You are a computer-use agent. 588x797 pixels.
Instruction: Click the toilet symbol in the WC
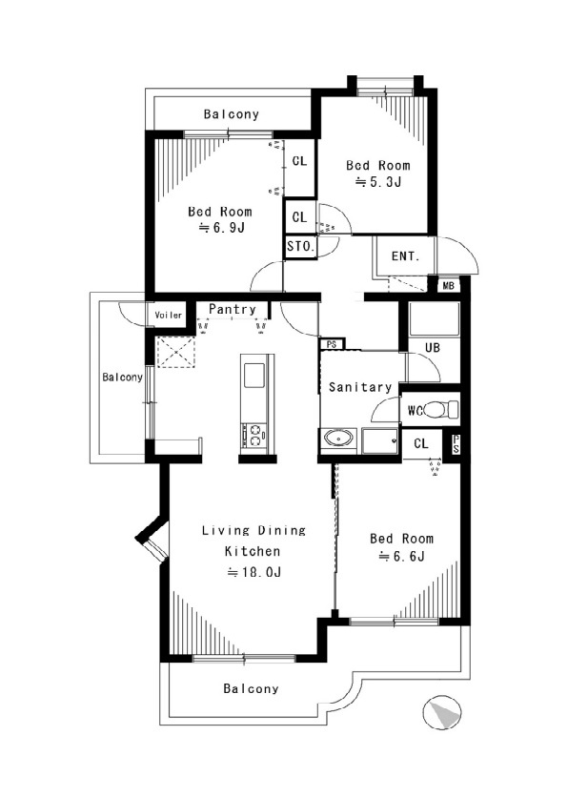[x=440, y=409]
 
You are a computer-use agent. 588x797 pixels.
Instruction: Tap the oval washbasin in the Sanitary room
[x=337, y=438]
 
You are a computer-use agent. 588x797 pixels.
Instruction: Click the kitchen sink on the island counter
[x=254, y=375]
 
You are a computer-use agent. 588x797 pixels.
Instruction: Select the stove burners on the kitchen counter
[x=253, y=435]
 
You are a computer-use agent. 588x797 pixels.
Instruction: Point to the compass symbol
[x=441, y=712]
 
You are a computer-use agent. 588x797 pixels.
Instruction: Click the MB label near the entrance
[x=448, y=286]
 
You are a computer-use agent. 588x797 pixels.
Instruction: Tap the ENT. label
[x=405, y=256]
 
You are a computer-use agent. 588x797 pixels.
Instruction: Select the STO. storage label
[x=300, y=247]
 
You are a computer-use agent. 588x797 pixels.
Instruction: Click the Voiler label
[x=169, y=316]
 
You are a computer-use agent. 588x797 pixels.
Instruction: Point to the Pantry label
[x=233, y=309]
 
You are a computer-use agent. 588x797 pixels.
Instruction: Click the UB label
[x=433, y=348]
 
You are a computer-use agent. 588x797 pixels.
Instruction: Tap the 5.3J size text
[x=378, y=181]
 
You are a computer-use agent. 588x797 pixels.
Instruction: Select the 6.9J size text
[x=221, y=227]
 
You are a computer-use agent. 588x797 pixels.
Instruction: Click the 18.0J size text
[x=253, y=572]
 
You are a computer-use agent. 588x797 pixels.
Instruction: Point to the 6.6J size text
[x=401, y=556]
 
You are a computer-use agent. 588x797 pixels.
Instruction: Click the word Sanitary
[x=360, y=387]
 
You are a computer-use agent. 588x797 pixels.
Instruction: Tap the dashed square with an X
[x=175, y=351]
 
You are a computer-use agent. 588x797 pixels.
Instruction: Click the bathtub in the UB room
[x=434, y=319]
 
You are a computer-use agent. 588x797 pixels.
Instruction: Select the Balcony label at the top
[x=232, y=114]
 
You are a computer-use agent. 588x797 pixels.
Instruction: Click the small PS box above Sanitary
[x=332, y=344]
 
